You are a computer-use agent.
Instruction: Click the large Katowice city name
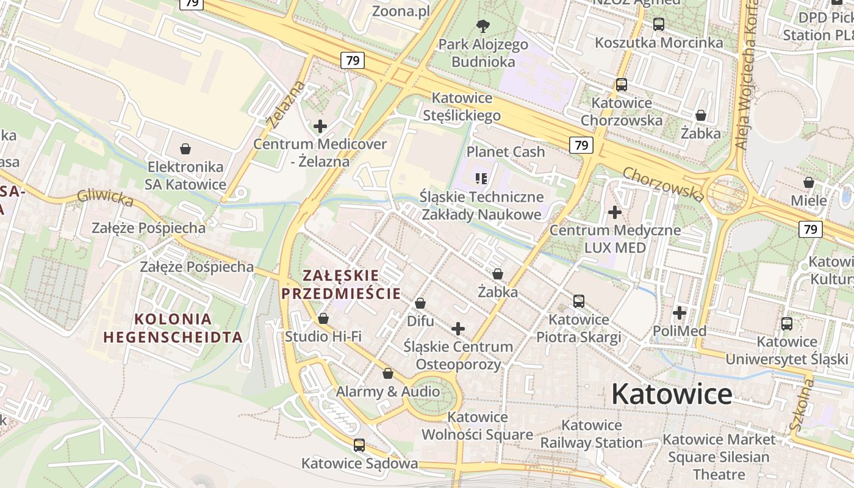672,393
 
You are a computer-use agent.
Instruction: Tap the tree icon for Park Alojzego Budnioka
483,26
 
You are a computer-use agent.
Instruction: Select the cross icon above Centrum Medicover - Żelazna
320,126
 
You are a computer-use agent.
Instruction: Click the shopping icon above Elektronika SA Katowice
185,149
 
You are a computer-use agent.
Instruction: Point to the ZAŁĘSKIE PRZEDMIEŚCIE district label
341,284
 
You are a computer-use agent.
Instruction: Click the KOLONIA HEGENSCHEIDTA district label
173,328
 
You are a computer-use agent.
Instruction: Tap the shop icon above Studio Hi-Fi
323,318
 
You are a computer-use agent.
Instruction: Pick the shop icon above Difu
420,303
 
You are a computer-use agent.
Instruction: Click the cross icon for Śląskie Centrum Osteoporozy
457,329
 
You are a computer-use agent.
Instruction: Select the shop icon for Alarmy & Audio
387,373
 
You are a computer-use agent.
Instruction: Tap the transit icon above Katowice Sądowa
359,445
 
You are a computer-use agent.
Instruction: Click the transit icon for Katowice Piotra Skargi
578,301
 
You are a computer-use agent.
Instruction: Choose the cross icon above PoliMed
679,313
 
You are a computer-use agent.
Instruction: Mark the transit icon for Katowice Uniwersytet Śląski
787,323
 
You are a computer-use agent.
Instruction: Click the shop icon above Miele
808,182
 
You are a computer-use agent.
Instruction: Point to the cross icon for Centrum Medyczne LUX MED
615,212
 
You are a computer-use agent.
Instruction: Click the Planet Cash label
506,152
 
